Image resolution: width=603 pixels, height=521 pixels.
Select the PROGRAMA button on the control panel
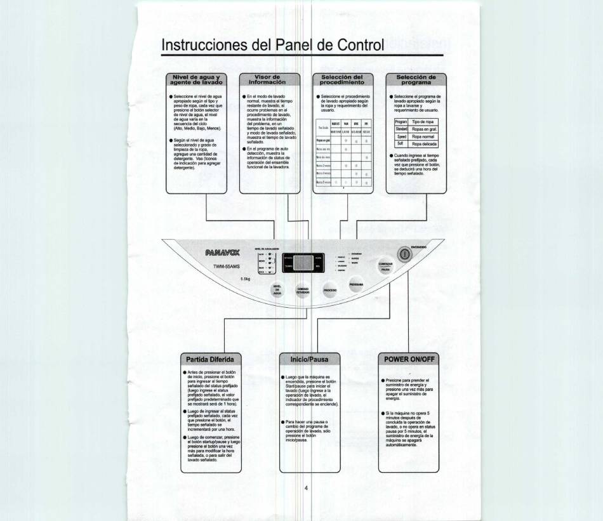[x=355, y=286]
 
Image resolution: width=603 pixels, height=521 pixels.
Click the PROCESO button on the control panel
[x=329, y=289]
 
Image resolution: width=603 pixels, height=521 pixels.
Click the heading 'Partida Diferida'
[x=205, y=359]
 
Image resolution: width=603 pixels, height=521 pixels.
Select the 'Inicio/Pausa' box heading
[x=309, y=359]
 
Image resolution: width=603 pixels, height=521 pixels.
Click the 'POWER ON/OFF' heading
[x=409, y=359]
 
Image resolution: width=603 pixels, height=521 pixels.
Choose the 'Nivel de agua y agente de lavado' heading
[x=195, y=79]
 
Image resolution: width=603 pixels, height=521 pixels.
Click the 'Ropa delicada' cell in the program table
[x=424, y=144]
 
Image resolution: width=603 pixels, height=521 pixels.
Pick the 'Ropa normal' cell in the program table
[x=423, y=136]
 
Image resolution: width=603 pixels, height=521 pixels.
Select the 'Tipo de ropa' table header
[x=423, y=121]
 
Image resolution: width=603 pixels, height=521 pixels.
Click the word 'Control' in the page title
[x=359, y=45]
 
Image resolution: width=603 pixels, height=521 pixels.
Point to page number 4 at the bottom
[x=306, y=488]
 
